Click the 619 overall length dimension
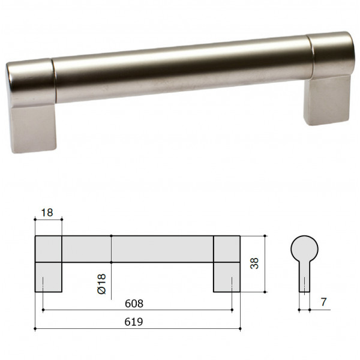[134, 322]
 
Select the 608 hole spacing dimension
[134, 304]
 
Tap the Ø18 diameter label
[101, 284]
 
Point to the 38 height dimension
[254, 263]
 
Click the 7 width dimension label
[323, 302]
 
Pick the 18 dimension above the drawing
[47, 212]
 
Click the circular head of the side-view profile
[304, 249]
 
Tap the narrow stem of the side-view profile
[304, 277]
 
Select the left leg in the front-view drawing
[49, 277]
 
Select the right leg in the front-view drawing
[227, 277]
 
